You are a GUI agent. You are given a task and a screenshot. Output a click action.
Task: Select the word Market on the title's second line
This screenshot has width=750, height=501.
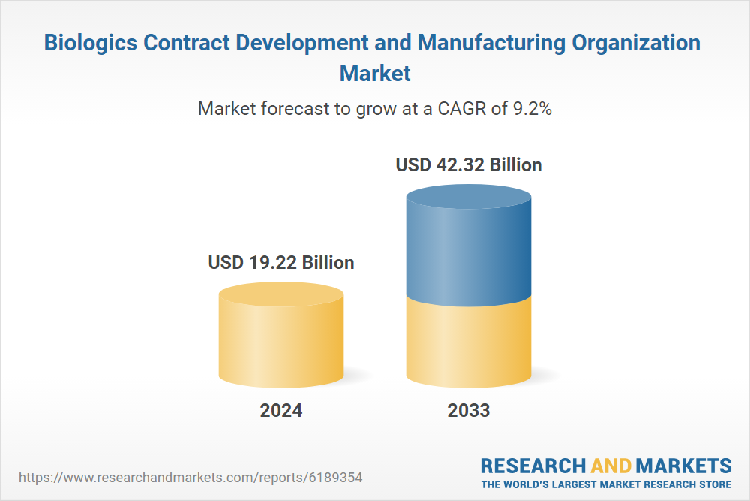pos(375,74)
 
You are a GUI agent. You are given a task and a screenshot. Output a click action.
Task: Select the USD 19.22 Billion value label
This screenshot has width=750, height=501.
pos(281,262)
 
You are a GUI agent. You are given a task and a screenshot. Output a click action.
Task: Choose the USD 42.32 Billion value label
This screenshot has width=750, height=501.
pos(469,164)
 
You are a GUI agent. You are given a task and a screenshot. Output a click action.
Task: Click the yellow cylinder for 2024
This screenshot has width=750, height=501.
pos(281,338)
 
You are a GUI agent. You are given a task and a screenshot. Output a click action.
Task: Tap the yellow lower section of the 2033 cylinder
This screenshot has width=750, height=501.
pos(469,342)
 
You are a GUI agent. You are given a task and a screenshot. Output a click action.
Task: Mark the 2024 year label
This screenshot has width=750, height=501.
pos(281,411)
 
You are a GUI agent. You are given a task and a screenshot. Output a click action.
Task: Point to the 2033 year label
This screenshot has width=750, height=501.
pos(469,411)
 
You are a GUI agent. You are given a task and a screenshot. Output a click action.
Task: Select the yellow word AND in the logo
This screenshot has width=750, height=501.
pos(610,465)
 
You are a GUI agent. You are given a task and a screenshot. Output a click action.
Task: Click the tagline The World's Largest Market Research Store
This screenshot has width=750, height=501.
pos(606,484)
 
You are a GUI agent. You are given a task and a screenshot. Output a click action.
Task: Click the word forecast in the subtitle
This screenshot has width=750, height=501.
pos(290,108)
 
